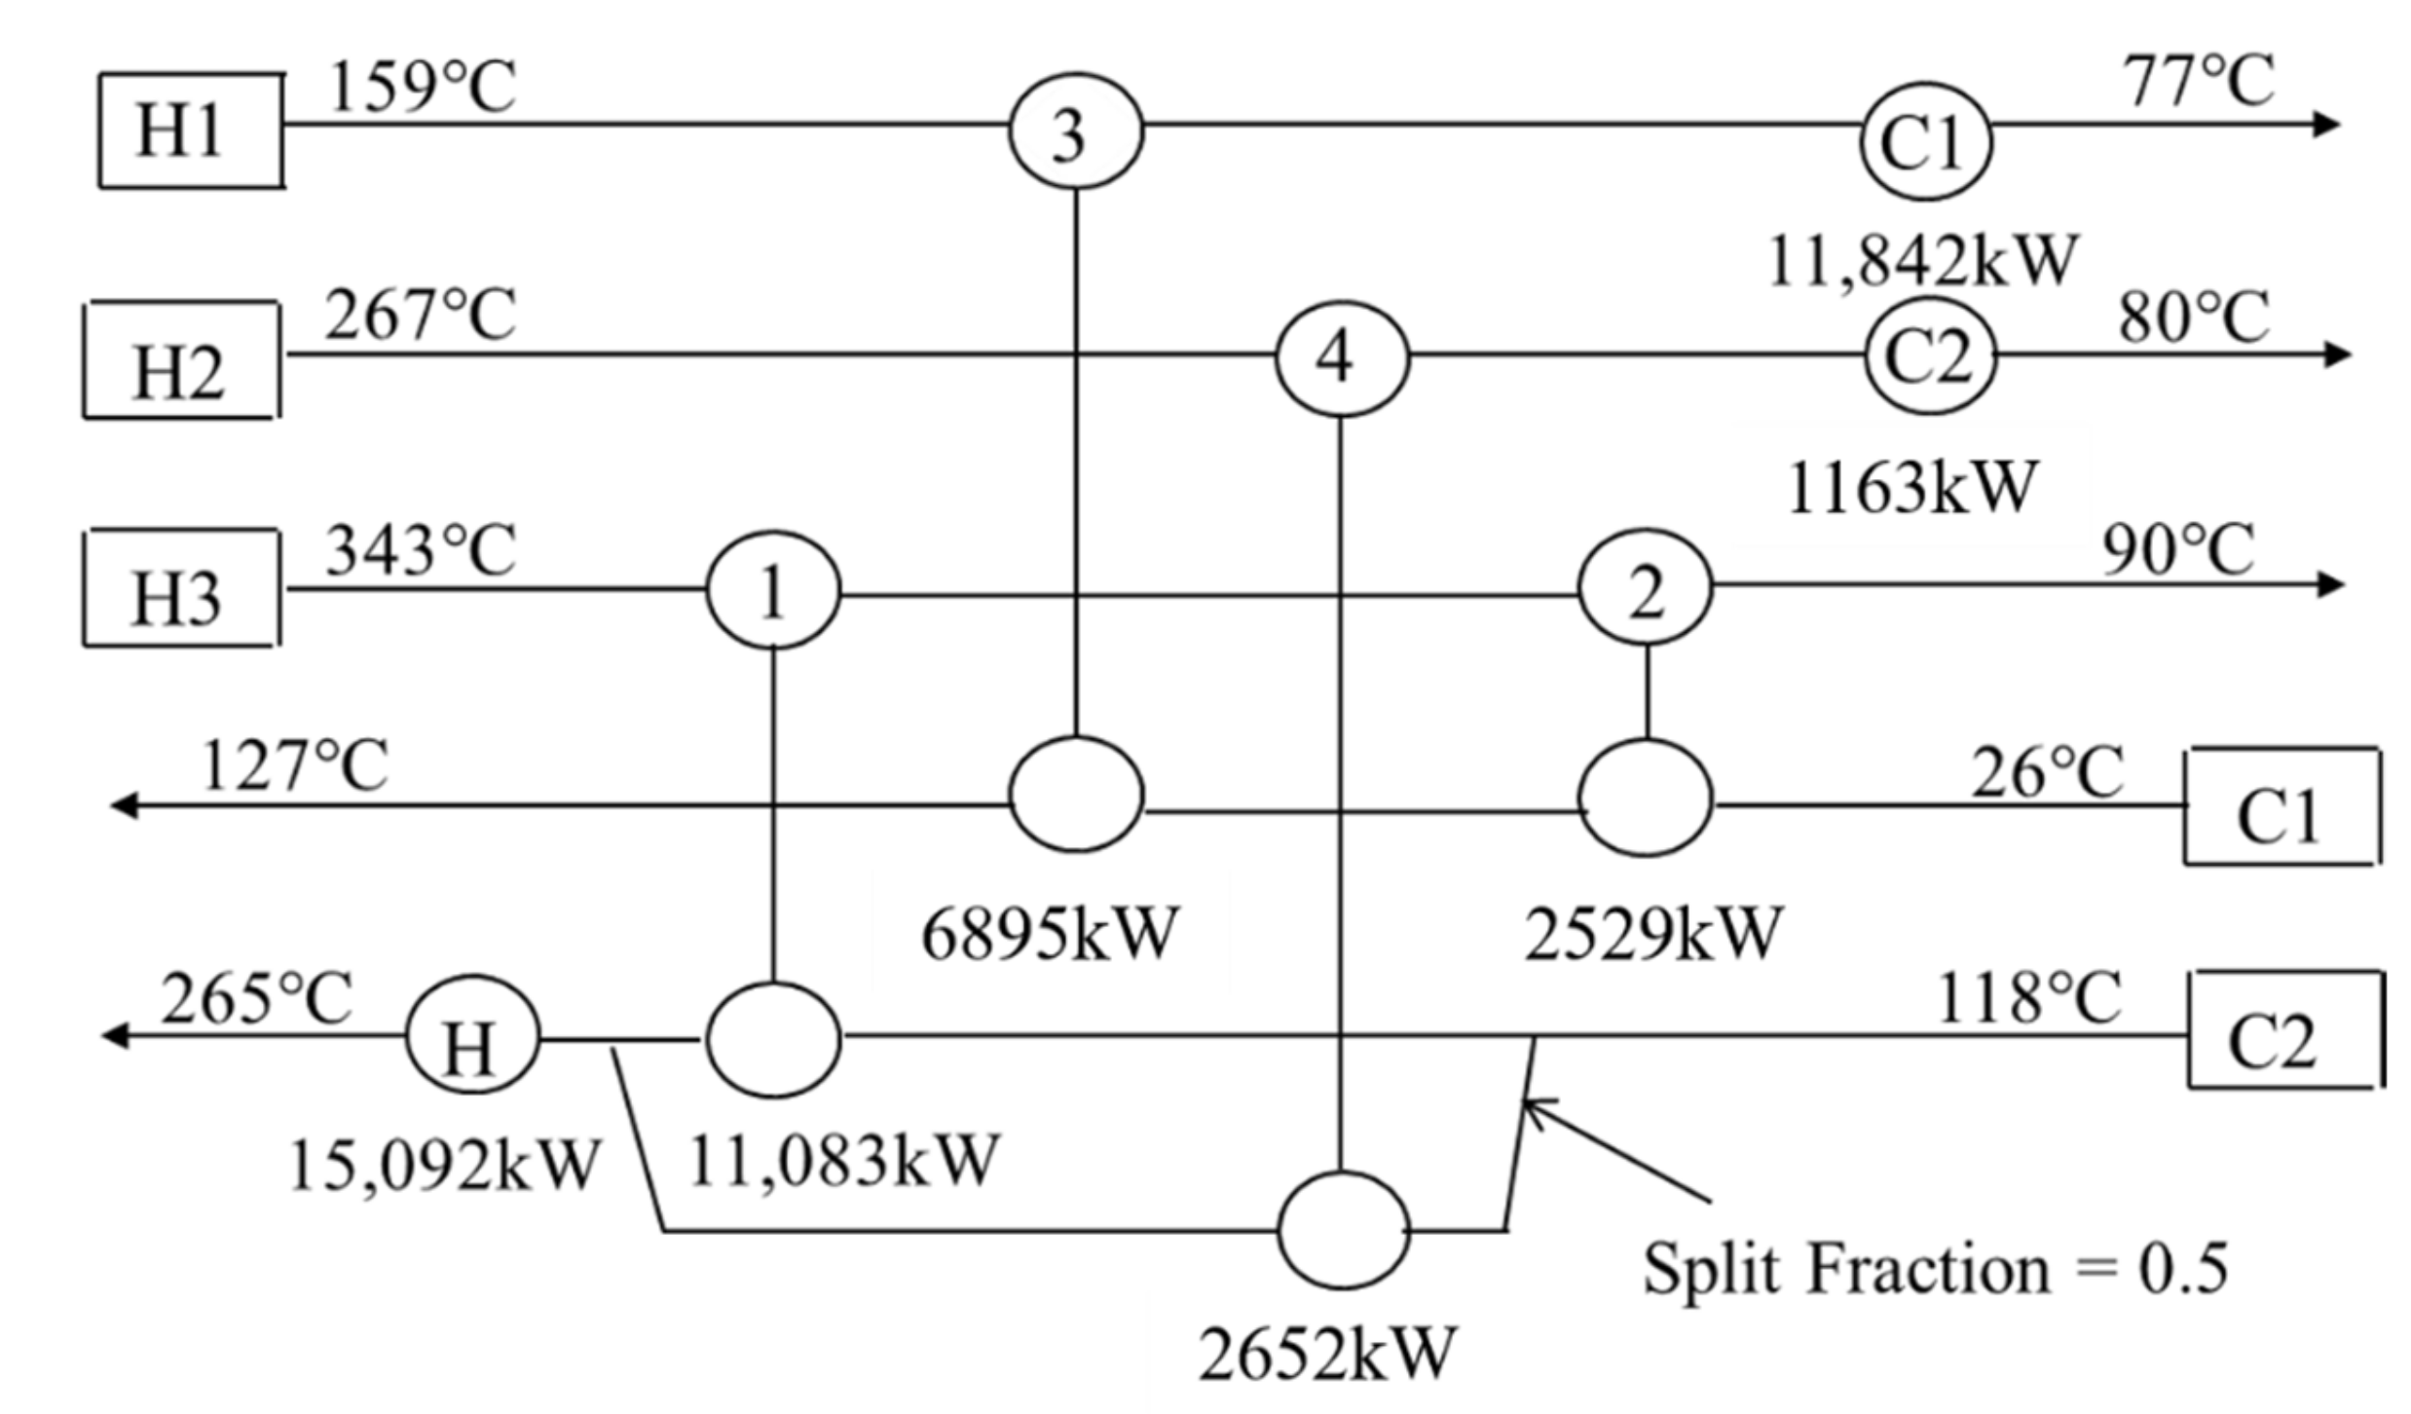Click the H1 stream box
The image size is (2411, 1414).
191,130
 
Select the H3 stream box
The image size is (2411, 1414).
181,588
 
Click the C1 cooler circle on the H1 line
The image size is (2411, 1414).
1926,142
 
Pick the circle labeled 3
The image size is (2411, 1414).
1075,132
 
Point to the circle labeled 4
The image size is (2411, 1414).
1342,357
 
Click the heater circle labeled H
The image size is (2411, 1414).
471,1039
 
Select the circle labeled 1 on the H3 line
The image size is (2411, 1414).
772,590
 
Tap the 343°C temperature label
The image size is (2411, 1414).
420,552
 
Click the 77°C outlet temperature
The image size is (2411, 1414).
2198,83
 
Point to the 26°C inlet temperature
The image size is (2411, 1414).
2047,774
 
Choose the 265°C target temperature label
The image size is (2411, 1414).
255,1000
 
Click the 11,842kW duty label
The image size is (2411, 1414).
1921,262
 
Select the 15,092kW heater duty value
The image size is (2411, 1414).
443,1166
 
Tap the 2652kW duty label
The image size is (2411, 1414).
1326,1354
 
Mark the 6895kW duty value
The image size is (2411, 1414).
1049,935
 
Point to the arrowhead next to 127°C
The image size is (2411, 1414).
123,806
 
